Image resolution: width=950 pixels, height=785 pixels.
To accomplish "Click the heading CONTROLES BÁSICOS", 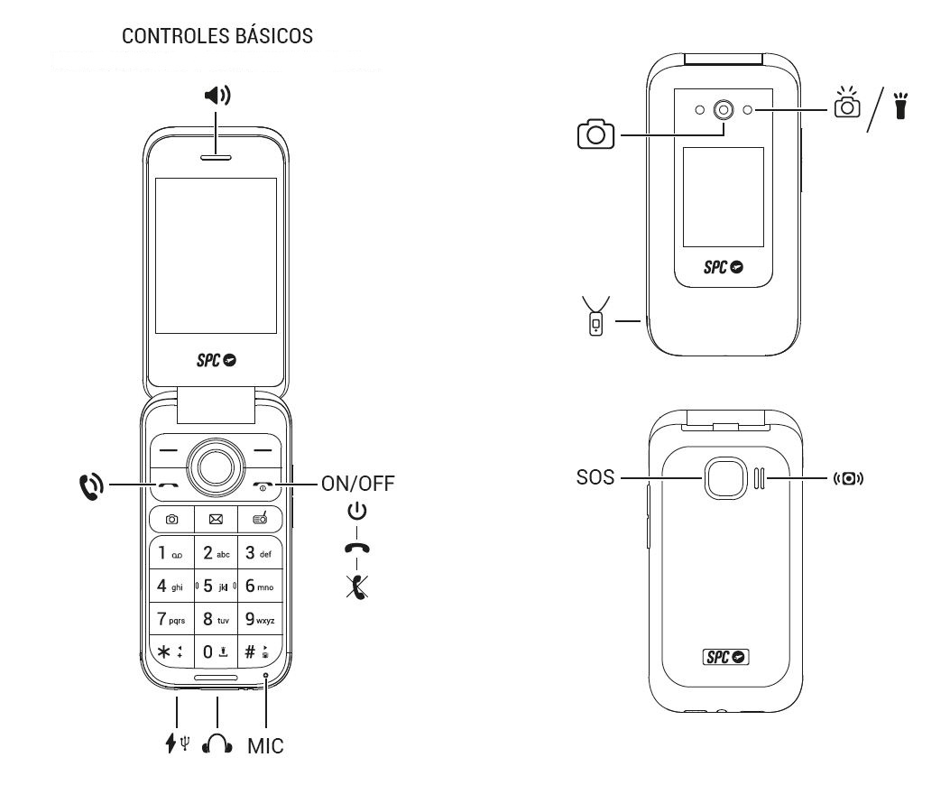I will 217,36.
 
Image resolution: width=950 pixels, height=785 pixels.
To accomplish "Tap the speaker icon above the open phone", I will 217,95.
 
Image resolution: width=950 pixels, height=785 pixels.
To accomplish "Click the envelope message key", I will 216,520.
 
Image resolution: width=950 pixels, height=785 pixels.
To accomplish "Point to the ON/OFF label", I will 357,483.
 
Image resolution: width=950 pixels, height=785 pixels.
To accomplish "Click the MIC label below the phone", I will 265,746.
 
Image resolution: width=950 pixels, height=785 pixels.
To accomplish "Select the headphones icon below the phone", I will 217,744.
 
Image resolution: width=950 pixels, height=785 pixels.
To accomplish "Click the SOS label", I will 595,477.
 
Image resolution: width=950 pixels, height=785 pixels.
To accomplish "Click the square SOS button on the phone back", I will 724,477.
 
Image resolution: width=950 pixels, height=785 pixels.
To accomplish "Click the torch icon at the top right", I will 899,106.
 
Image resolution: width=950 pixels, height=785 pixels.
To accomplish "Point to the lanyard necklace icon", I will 595,317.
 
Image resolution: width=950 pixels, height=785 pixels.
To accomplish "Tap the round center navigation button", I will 216,466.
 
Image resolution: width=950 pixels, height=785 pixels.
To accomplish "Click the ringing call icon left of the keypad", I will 91,485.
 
